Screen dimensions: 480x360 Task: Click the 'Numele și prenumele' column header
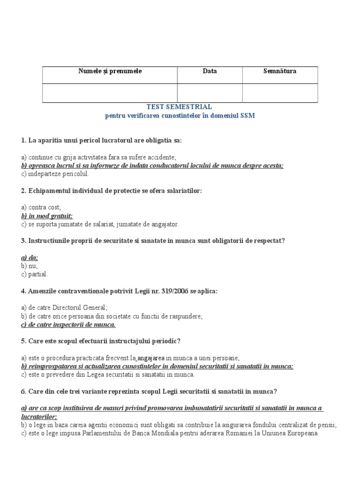(x=110, y=71)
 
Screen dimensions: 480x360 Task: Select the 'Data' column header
(x=210, y=71)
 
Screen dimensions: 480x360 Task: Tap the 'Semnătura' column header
(x=280, y=71)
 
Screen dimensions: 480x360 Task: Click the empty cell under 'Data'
(x=210, y=93)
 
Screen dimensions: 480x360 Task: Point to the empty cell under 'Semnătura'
(x=280, y=93)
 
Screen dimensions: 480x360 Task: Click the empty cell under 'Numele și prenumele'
(x=110, y=93)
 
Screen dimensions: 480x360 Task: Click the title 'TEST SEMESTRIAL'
(x=180, y=107)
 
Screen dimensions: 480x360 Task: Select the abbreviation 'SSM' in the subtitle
(x=248, y=116)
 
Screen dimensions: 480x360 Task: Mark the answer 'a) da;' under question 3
(x=30, y=257)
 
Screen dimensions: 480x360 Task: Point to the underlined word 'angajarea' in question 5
(x=151, y=358)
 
